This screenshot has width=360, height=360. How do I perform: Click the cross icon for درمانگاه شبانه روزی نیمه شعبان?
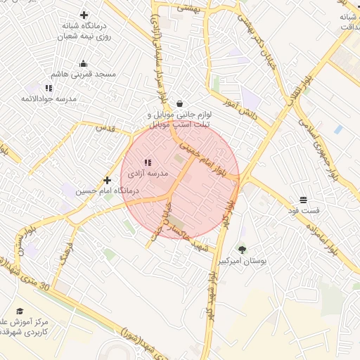pyautogui.click(x=84, y=15)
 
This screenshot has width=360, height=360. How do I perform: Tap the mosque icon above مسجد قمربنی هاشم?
pyautogui.click(x=84, y=64)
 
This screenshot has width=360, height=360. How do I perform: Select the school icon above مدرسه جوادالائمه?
pyautogui.click(x=49, y=88)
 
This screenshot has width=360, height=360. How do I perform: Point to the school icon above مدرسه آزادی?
pyautogui.click(x=148, y=162)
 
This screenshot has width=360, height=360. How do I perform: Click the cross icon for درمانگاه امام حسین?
pyautogui.click(x=107, y=181)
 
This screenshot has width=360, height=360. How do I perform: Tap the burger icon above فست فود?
pyautogui.click(x=303, y=200)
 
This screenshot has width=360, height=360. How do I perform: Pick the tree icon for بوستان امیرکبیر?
pyautogui.click(x=242, y=250)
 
